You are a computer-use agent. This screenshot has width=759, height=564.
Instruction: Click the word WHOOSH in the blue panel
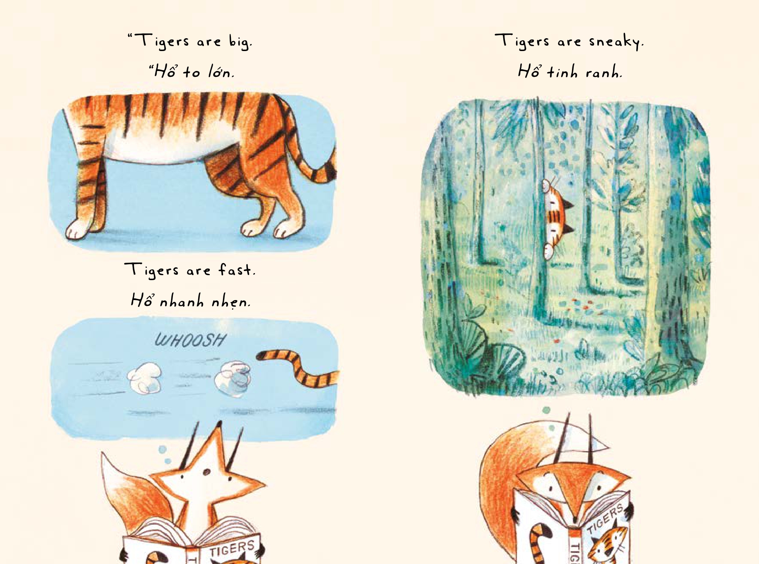coord(190,340)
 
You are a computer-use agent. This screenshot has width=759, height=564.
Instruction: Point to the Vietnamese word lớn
coord(221,72)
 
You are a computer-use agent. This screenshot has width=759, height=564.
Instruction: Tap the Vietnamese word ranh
coord(603,73)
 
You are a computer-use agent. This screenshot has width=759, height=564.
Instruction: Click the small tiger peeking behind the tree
coord(556,216)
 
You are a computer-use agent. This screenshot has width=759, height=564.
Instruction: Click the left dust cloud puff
coord(144,378)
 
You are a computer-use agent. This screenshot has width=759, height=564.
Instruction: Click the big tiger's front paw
coord(79,229)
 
